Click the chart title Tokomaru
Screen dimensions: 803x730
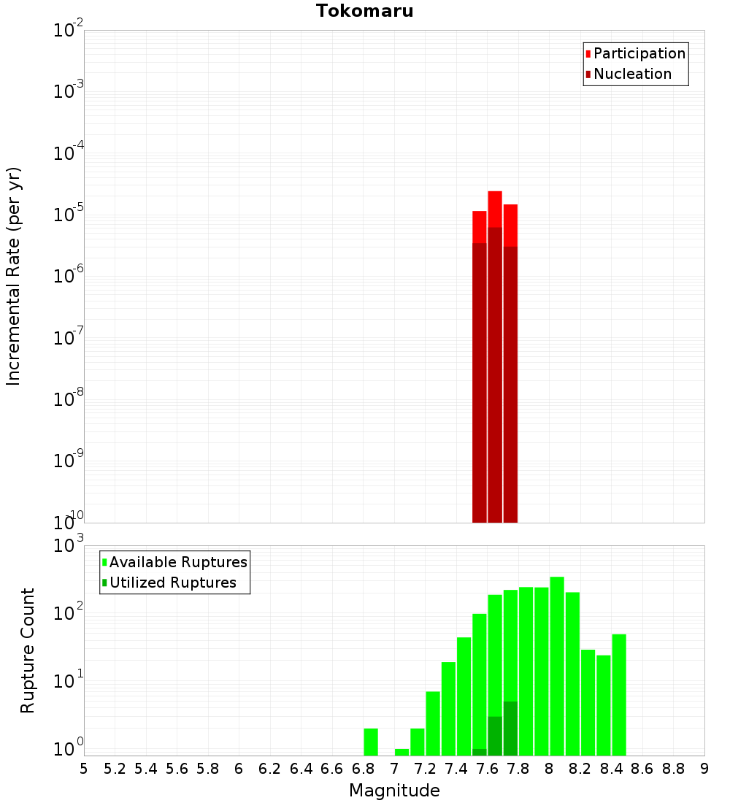tap(364, 11)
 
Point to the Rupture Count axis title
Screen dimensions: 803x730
tap(28, 650)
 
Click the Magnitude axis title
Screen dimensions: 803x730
tap(394, 791)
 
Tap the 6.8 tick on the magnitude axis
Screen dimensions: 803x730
tap(364, 769)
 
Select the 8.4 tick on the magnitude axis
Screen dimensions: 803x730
tap(612, 769)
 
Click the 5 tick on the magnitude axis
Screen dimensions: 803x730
tap(84, 769)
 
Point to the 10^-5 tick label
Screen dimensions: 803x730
tap(69, 214)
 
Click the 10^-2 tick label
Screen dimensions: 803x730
tap(69, 30)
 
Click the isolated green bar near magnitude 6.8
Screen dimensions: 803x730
tap(371, 742)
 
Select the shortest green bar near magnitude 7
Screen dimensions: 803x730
tap(401, 752)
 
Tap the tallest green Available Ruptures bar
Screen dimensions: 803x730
tap(557, 664)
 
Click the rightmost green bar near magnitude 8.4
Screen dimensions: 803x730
tap(619, 693)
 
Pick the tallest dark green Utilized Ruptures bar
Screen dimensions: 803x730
tap(510, 729)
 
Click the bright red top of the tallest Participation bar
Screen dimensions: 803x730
tap(495, 209)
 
